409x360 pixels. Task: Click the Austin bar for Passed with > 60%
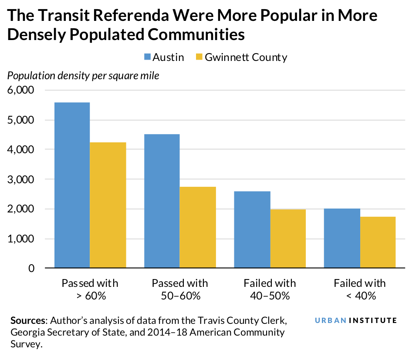point(72,185)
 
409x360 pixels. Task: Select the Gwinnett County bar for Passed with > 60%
point(108,205)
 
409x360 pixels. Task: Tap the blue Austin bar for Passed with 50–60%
point(162,201)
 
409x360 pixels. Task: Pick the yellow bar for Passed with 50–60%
point(198,227)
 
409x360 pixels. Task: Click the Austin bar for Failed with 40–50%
point(252,229)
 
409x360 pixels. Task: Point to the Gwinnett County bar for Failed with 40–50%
point(287,238)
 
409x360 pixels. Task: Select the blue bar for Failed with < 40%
point(341,238)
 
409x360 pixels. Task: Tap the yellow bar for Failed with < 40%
point(378,242)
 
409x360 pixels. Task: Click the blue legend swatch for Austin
point(146,57)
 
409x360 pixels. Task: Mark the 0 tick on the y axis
point(31,268)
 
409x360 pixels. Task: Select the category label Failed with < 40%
point(359,289)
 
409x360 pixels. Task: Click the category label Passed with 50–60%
point(179,289)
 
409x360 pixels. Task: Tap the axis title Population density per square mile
point(83,76)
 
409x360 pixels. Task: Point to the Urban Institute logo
point(355,320)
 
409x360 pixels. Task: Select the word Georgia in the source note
point(27,333)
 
